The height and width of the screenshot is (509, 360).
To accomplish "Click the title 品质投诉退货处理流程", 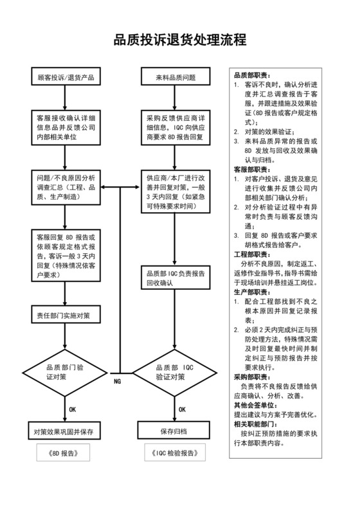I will pyautogui.click(x=180, y=40).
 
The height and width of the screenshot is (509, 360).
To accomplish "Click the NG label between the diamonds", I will pyautogui.click(x=118, y=380).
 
